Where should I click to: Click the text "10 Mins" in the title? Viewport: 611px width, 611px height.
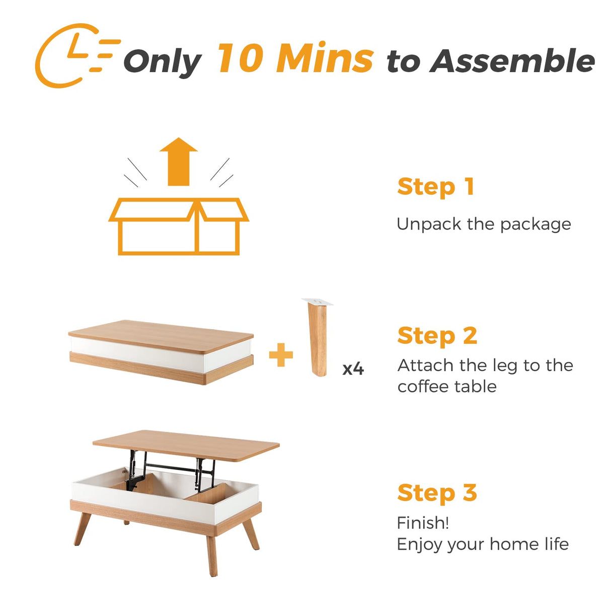click(295, 58)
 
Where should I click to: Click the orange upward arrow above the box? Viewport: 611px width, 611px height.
click(179, 162)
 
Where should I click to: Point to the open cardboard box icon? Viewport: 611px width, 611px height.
click(179, 226)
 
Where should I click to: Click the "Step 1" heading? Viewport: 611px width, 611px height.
click(435, 187)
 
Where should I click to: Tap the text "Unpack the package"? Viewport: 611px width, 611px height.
click(484, 224)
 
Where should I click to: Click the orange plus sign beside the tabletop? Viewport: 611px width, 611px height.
click(281, 355)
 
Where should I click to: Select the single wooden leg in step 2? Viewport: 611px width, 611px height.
click(318, 342)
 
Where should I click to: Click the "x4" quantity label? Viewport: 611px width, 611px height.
click(353, 369)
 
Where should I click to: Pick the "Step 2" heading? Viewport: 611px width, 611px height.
click(437, 336)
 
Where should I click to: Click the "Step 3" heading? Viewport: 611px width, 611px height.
click(437, 493)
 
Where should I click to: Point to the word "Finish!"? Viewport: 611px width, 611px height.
click(422, 523)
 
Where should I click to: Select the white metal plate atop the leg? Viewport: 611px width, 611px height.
click(318, 301)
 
